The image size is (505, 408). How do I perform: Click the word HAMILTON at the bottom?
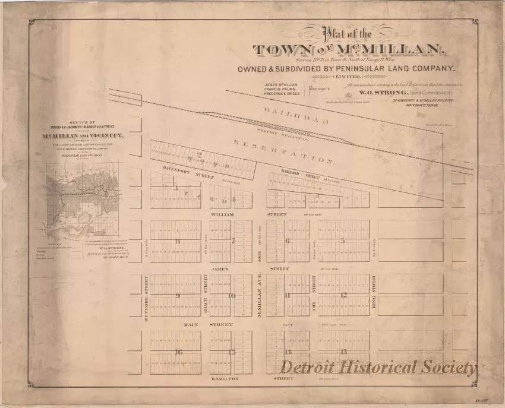tap(225, 378)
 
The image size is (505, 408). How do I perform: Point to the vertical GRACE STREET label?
tap(206, 291)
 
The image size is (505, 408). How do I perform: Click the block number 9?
tap(177, 295)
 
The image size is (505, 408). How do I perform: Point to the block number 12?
tap(343, 295)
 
